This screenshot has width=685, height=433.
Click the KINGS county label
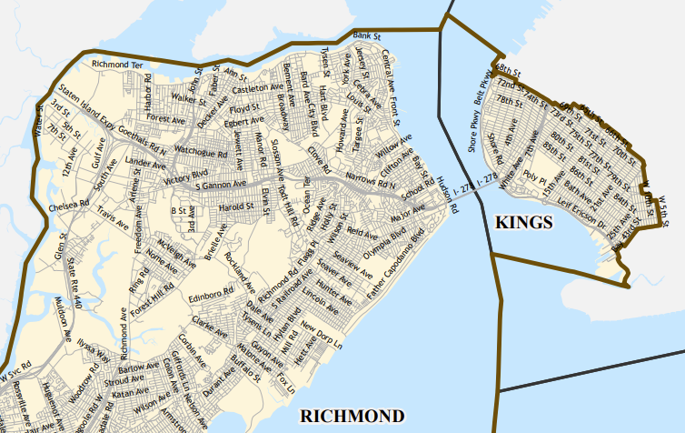tap(523, 221)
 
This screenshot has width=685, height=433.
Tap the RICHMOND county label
tap(352, 417)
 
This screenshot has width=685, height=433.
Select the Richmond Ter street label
tap(118, 65)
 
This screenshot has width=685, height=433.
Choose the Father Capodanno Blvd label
tap(396, 269)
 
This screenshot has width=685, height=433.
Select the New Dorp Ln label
tap(324, 337)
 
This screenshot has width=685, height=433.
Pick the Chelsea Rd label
tap(70, 207)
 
